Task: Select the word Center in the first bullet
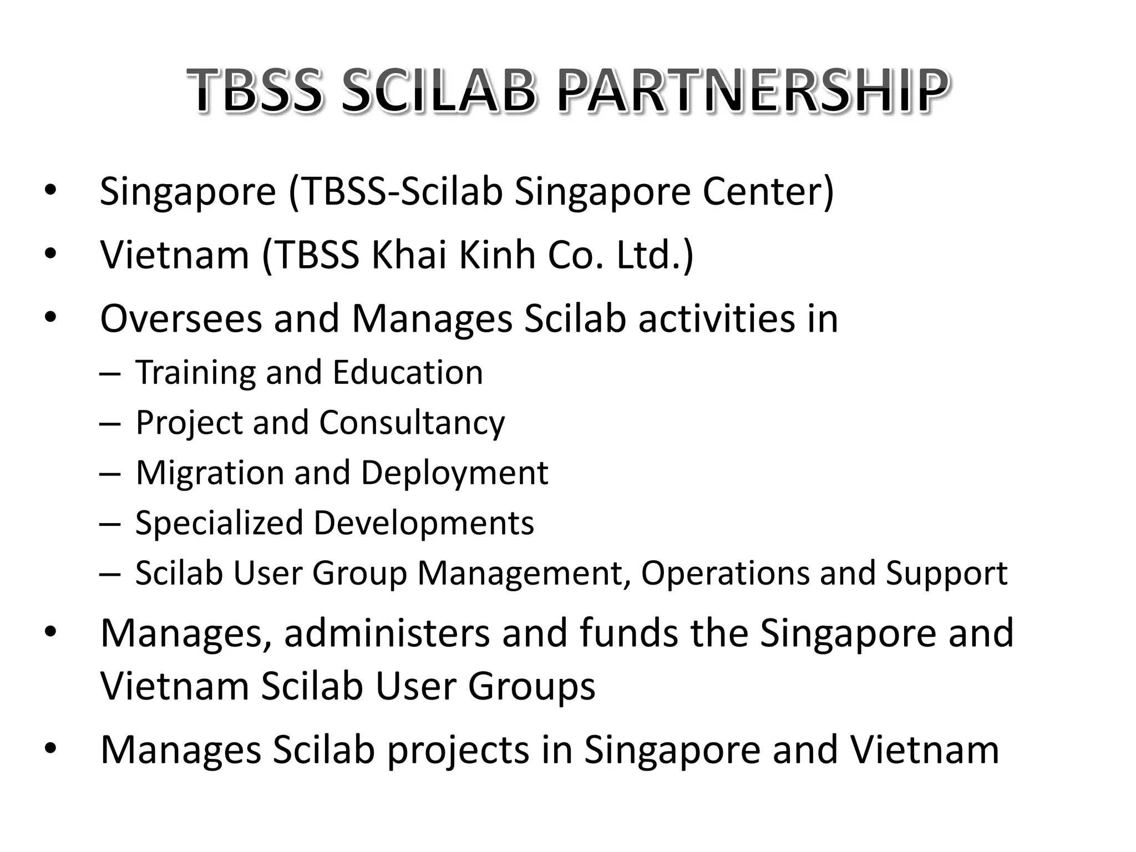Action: coord(768,191)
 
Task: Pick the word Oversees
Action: coord(181,319)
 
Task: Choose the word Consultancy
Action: coord(412,423)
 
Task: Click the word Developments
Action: coord(423,523)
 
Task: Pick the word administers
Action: coord(387,633)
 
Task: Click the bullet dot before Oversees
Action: coord(50,318)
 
